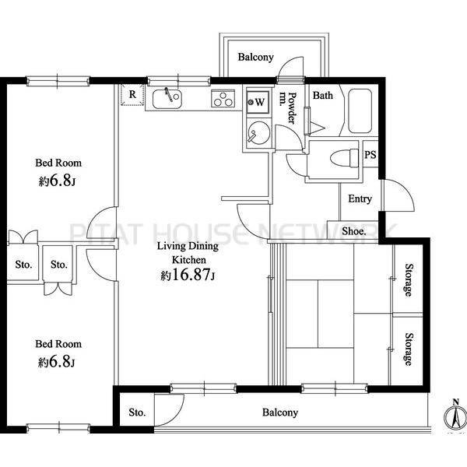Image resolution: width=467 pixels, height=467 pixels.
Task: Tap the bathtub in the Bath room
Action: tap(360, 111)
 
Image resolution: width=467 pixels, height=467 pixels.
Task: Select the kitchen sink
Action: tap(167, 99)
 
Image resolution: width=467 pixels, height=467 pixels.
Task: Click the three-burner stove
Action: tap(223, 98)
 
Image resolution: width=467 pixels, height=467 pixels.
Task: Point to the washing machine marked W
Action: tap(258, 102)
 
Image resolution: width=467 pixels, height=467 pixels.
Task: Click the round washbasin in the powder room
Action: tap(259, 133)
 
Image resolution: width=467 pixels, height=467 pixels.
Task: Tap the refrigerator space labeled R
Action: tap(132, 95)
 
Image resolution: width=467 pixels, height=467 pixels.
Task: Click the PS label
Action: tap(370, 155)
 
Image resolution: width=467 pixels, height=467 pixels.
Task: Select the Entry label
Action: tap(360, 198)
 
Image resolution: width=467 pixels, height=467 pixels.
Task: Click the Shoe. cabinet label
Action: tap(354, 231)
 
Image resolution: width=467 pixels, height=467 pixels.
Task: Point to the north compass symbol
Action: tap(455, 416)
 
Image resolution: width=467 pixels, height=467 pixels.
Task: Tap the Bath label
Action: tap(323, 95)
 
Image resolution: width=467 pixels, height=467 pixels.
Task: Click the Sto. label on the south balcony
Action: tap(137, 413)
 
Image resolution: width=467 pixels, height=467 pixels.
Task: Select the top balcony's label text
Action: tap(255, 57)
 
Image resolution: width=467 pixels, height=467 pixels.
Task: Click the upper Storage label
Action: tap(409, 280)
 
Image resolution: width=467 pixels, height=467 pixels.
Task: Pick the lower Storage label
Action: tap(409, 349)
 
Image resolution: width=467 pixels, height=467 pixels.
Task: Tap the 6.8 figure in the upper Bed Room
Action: tap(61, 181)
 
